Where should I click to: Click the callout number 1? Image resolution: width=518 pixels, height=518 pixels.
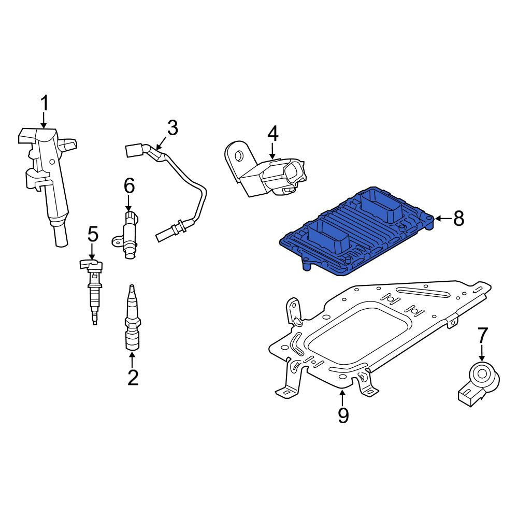point(44,103)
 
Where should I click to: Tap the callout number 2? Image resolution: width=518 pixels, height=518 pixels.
point(133,378)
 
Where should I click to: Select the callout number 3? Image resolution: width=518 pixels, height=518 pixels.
point(172,127)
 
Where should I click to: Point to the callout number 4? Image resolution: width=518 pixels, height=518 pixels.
point(273,134)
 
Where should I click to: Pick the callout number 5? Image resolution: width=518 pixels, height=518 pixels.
point(93,234)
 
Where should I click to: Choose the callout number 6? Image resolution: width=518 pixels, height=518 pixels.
point(129,185)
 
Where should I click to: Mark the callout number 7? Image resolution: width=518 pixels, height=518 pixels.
point(483,335)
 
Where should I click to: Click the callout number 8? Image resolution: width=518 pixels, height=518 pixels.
point(458,219)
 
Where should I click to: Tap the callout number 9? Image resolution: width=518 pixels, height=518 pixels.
point(343,415)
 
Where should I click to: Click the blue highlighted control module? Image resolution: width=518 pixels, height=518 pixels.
point(357,231)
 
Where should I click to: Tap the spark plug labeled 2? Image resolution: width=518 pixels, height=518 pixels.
point(133,317)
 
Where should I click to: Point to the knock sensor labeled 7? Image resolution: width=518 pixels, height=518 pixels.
point(479,385)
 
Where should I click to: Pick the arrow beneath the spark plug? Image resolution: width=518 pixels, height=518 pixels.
point(132,360)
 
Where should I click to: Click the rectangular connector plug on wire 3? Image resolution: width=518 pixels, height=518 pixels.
point(134,151)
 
